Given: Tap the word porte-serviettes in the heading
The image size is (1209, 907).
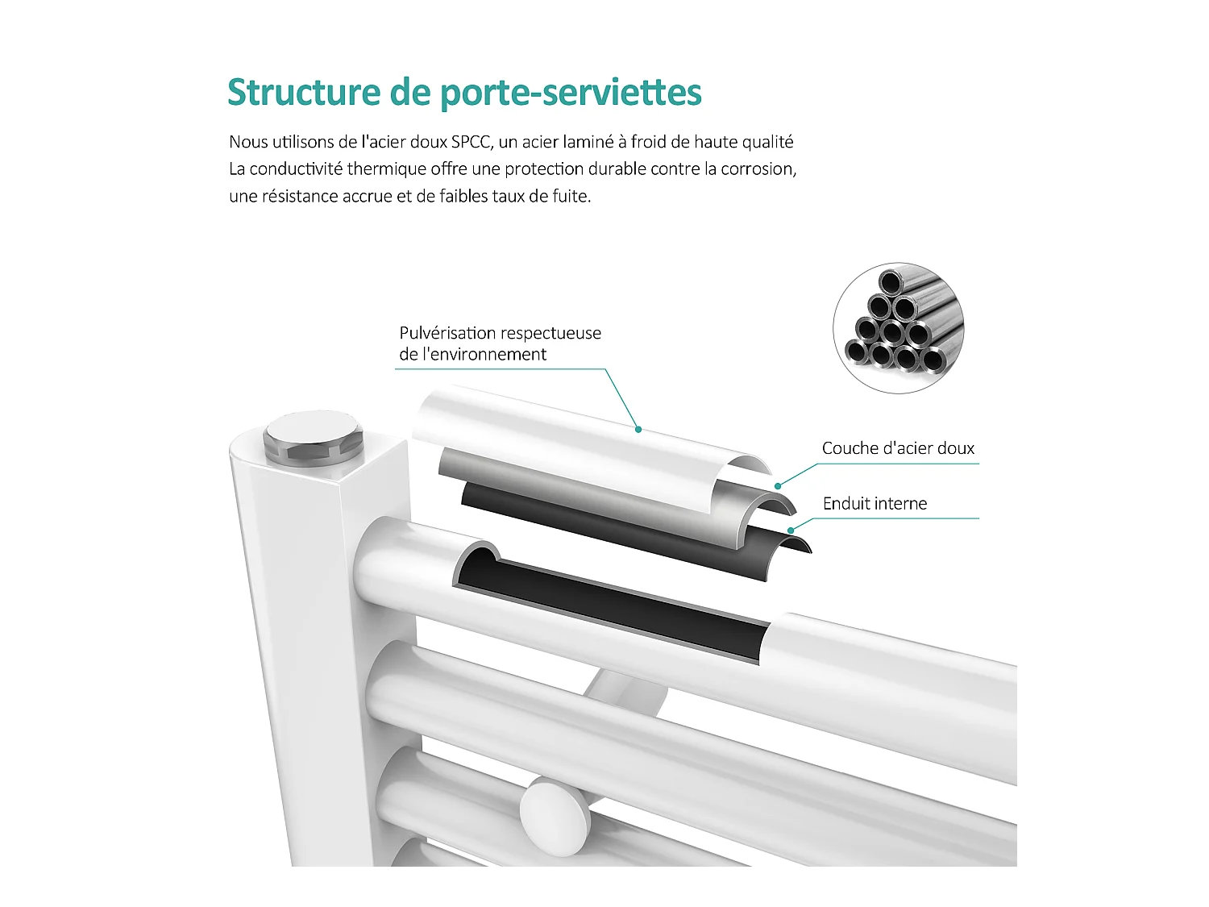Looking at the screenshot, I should click(x=571, y=93).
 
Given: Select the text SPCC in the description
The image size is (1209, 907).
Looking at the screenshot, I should click(x=470, y=143).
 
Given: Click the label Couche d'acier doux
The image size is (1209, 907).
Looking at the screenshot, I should click(x=898, y=448).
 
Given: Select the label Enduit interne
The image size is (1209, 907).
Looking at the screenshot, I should click(x=875, y=504).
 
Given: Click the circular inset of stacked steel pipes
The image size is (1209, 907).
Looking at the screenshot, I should click(x=898, y=328).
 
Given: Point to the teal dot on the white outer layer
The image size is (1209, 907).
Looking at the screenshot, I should click(x=638, y=430).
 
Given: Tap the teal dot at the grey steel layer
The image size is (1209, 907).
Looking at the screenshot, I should click(x=778, y=485).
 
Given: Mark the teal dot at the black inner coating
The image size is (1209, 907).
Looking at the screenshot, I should click(x=791, y=530).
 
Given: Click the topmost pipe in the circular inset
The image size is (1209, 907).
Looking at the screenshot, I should click(x=891, y=283).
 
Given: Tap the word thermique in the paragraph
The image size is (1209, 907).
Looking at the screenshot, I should click(x=387, y=169).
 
